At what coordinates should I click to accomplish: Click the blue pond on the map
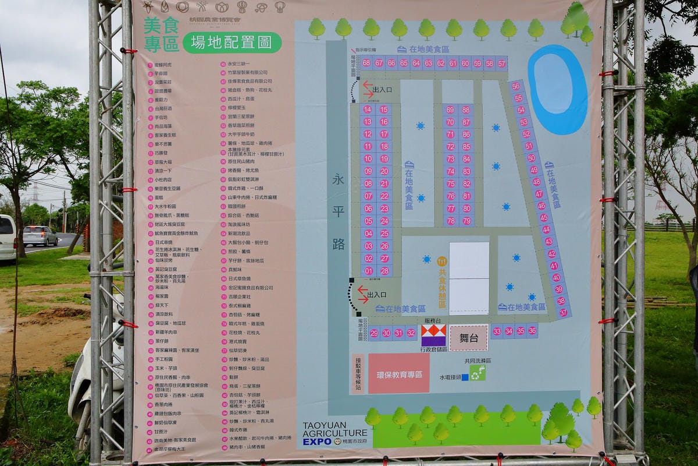click(558, 89)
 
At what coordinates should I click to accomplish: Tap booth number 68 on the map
click(366, 63)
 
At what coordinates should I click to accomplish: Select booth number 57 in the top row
click(501, 63)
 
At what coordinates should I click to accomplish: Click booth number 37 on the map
click(563, 313)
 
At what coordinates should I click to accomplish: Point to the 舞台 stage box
click(468, 338)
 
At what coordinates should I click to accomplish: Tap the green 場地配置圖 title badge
click(232, 43)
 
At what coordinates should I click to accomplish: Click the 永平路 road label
click(339, 211)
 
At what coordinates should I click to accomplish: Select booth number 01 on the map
click(368, 271)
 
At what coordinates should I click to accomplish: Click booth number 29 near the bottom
click(373, 333)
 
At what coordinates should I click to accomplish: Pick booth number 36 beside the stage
click(532, 331)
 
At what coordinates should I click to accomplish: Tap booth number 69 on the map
click(450, 110)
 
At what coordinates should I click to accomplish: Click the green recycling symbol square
click(478, 373)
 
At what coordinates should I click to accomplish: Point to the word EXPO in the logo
click(317, 442)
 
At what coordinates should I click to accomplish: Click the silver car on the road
click(40, 236)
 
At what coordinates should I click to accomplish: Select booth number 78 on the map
click(450, 221)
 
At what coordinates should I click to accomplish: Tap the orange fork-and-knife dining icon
click(442, 262)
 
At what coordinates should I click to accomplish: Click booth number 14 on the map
click(368, 109)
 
